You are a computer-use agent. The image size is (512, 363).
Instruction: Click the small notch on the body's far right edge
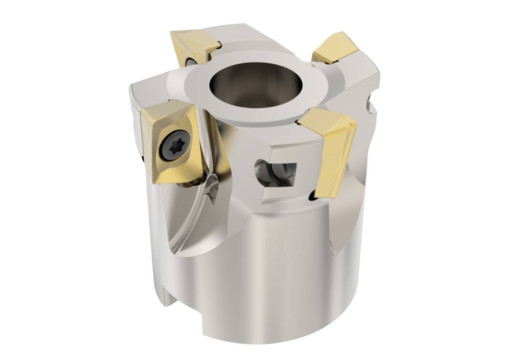370,105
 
